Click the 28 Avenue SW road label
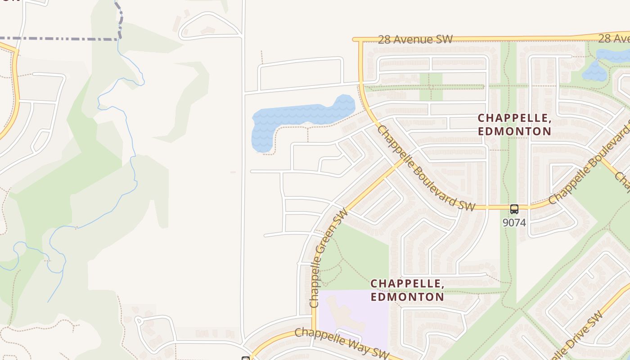click(x=415, y=40)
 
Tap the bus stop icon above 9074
click(x=514, y=209)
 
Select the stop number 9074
click(x=514, y=222)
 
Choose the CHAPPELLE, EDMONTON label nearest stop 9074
click(x=514, y=125)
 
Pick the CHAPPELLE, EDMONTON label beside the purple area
click(x=407, y=290)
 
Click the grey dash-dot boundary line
click(x=58, y=39)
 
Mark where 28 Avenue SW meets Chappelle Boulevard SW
click(x=360, y=40)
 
